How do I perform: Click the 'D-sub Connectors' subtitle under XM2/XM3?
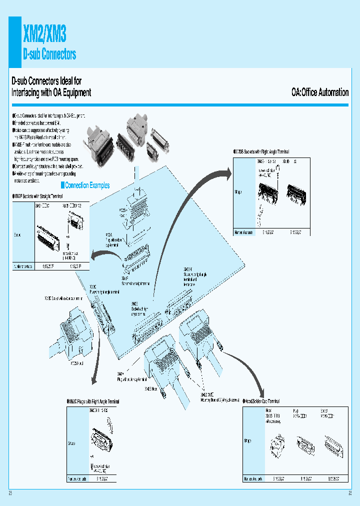[x=49, y=54]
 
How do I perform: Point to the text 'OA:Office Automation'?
[x=320, y=92]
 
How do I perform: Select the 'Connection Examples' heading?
[x=87, y=185]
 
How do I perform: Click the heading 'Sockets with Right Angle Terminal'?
[x=262, y=151]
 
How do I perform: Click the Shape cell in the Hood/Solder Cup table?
[x=249, y=441]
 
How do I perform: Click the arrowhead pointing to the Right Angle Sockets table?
[x=229, y=173]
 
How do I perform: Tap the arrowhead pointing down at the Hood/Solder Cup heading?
[x=261, y=395]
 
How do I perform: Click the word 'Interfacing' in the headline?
[x=28, y=92]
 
